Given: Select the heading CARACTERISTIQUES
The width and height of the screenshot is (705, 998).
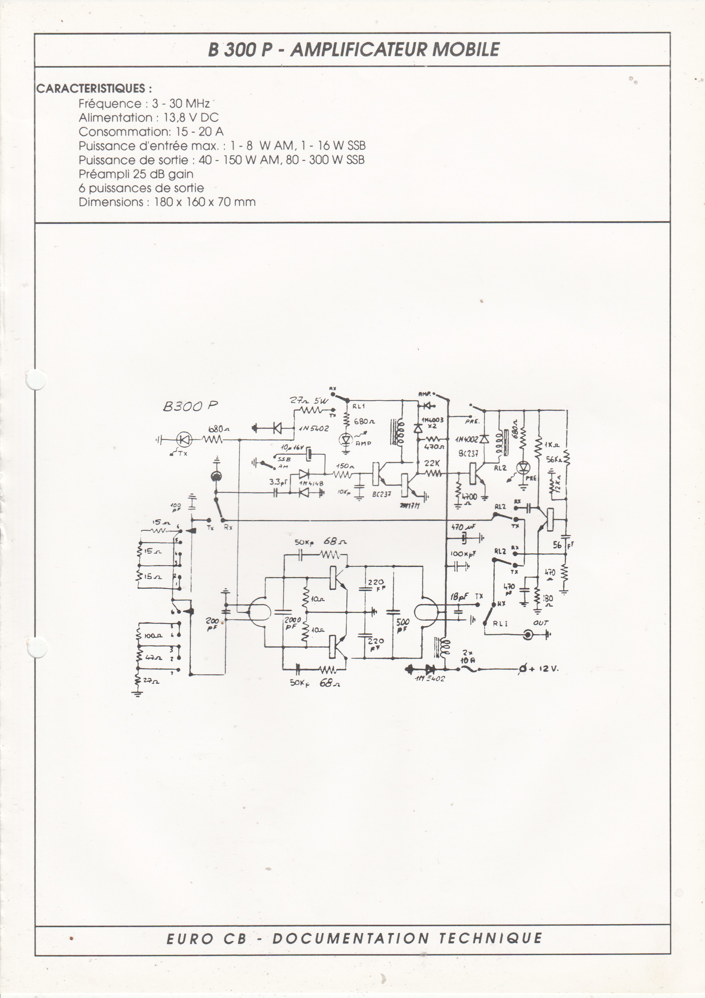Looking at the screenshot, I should (x=94, y=89).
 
